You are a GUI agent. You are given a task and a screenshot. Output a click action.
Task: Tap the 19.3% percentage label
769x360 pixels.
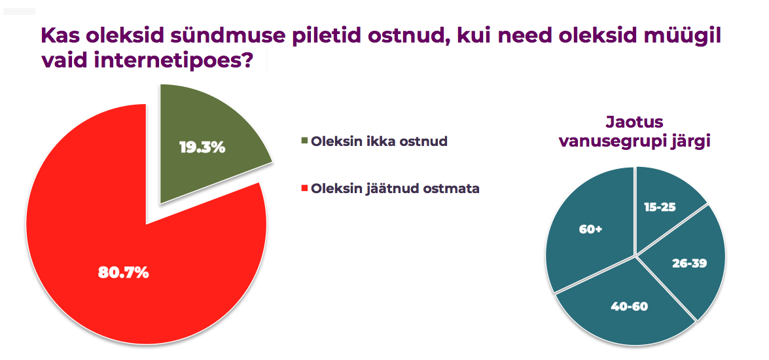tap(202, 147)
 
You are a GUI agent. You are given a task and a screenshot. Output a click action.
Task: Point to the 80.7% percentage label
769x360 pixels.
tap(123, 273)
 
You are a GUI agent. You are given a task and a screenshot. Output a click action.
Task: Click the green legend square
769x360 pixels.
tap(304, 141)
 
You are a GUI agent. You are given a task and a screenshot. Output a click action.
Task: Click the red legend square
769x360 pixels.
tap(304, 188)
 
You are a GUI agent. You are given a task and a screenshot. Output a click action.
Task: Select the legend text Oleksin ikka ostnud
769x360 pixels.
tap(379, 141)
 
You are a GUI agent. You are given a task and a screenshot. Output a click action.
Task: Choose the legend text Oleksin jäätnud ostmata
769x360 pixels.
tap(395, 189)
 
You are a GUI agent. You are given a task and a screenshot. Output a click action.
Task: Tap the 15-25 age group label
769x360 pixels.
tap(660, 207)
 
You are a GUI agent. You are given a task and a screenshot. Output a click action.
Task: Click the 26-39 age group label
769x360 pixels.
tap(689, 262)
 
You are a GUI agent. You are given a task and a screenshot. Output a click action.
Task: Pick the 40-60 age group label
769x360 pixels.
tap(629, 307)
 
